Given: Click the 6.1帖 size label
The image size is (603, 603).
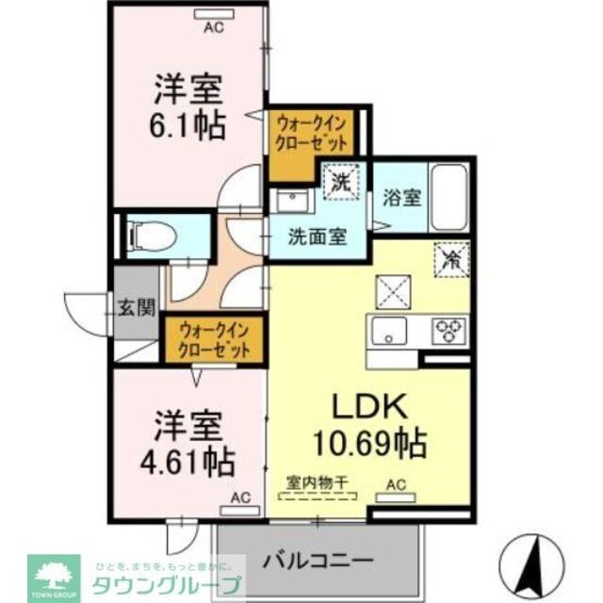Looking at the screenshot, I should click(189, 122).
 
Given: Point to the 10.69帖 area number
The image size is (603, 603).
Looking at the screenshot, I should click(369, 441).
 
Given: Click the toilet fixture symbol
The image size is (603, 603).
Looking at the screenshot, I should click(144, 234).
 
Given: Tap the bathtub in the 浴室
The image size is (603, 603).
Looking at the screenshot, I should click(451, 197).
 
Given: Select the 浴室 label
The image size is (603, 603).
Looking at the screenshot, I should click(401, 199).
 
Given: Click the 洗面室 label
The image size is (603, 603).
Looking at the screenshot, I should click(316, 236).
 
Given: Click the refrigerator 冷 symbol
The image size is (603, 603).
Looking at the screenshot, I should click(449, 258).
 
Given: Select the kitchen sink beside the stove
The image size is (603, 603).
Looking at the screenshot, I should click(388, 332).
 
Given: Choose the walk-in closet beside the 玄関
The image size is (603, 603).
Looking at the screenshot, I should click(215, 341).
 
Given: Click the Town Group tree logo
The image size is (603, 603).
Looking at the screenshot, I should click(56, 571).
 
